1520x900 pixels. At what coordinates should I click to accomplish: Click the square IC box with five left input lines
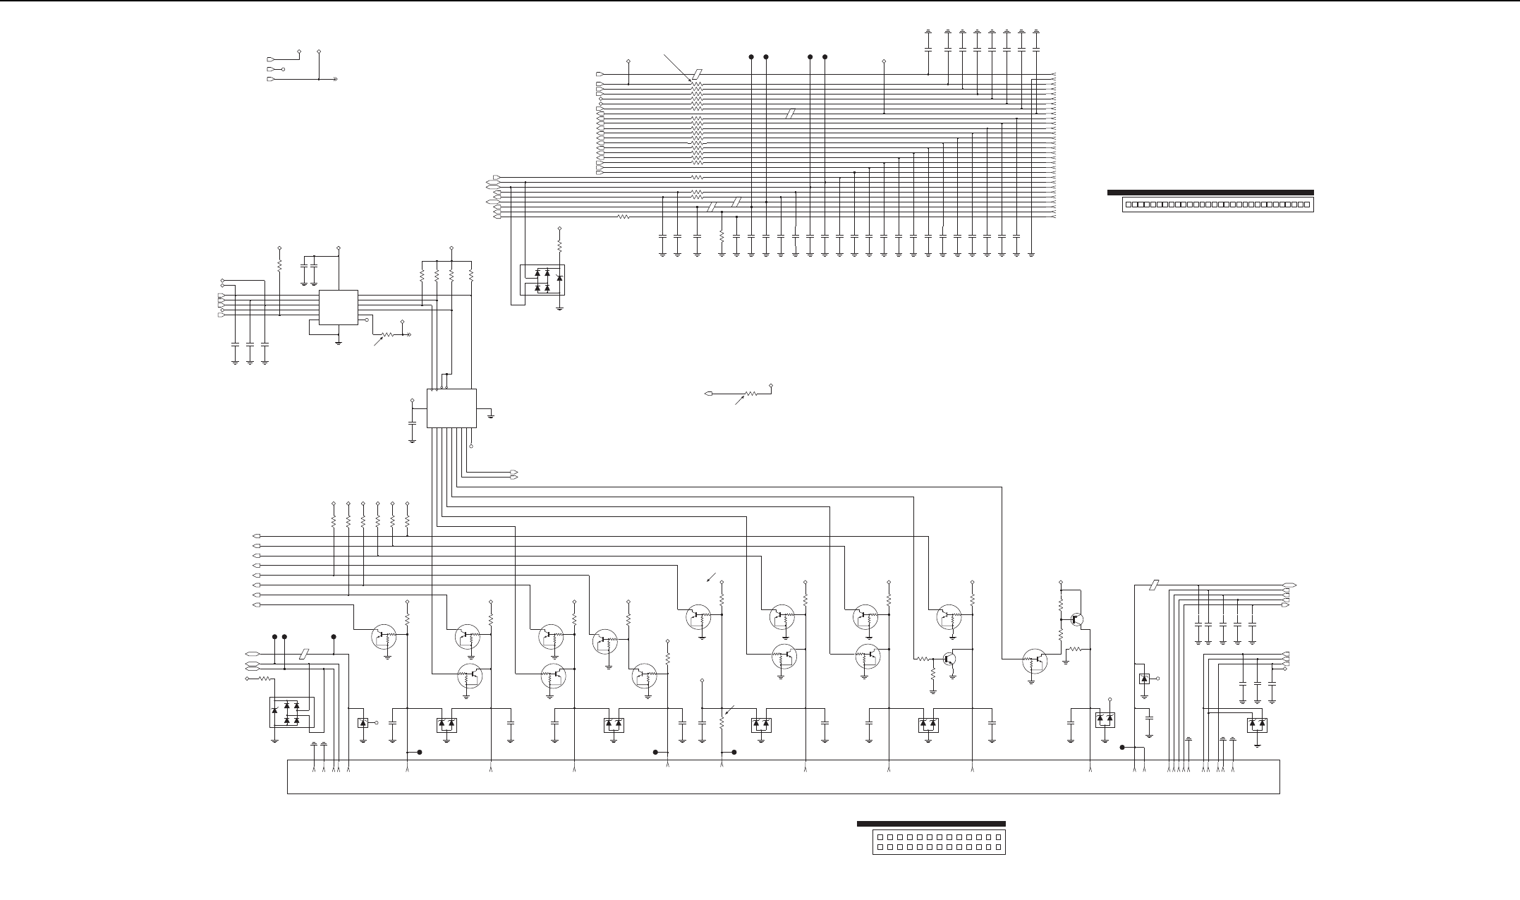[x=339, y=308]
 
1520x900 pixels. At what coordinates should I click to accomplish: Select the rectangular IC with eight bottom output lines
[x=451, y=408]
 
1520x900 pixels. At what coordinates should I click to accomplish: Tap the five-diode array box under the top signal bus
[x=542, y=280]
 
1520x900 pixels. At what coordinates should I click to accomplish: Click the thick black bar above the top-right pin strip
[x=1210, y=192]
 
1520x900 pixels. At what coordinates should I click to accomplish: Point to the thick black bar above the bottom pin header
[x=931, y=824]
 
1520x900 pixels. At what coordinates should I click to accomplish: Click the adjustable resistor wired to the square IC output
[x=387, y=334]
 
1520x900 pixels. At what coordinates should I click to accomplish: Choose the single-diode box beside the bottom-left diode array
[x=363, y=722]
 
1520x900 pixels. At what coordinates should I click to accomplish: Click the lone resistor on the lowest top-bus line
[x=623, y=217]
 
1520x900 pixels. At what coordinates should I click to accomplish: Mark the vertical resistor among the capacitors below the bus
[x=722, y=233]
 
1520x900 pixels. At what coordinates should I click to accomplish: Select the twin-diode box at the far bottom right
[x=1257, y=724]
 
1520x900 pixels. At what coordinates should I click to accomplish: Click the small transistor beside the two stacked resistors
[x=1076, y=620]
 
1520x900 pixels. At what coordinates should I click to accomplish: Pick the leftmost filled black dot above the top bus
[x=750, y=56]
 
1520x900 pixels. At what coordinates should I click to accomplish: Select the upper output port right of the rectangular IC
[x=513, y=471]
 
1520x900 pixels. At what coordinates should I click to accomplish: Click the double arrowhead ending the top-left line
[x=335, y=80]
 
